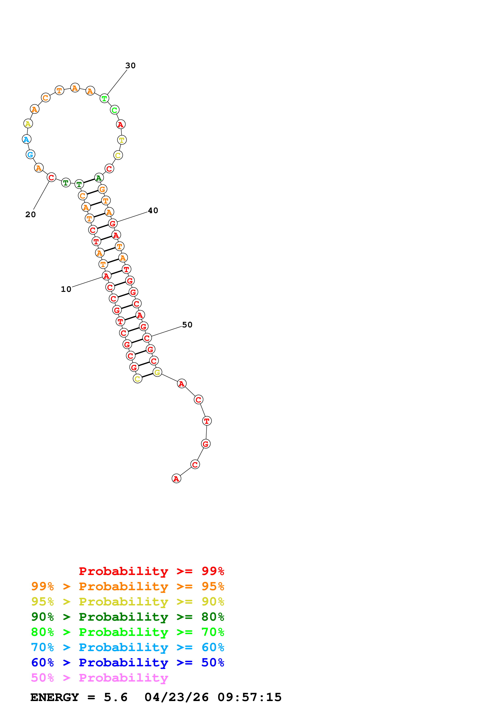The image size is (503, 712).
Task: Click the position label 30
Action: tap(130, 65)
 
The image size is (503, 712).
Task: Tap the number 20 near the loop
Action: tap(30, 214)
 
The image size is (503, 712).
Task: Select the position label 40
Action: tap(153, 210)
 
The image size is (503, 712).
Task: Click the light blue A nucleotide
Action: tap(27, 139)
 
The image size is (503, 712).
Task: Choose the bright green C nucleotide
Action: tap(114, 110)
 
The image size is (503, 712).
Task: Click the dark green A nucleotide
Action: tap(99, 178)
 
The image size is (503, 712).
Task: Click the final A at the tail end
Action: tap(176, 479)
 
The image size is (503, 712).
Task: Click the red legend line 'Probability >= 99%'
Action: tap(151, 571)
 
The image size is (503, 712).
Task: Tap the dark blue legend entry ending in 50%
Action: tap(127, 662)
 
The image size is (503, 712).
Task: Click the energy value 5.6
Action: tap(116, 697)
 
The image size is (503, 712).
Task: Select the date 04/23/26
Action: tap(176, 697)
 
